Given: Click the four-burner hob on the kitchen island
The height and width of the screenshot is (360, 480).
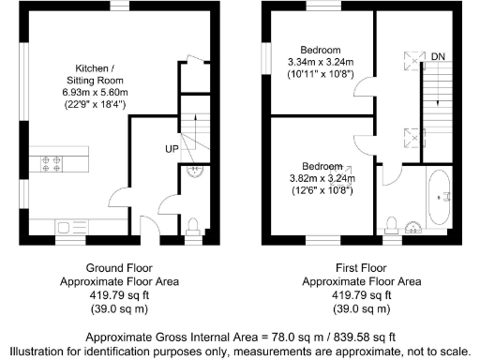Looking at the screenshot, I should pos(51,164).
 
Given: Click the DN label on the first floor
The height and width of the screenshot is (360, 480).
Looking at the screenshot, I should pos(438,58).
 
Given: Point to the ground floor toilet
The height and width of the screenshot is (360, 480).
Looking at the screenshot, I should pos(192,225).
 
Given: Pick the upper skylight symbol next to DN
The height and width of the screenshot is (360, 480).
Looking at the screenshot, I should pos(410,59).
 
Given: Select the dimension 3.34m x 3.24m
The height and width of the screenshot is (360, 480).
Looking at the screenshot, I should pos(321,61).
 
